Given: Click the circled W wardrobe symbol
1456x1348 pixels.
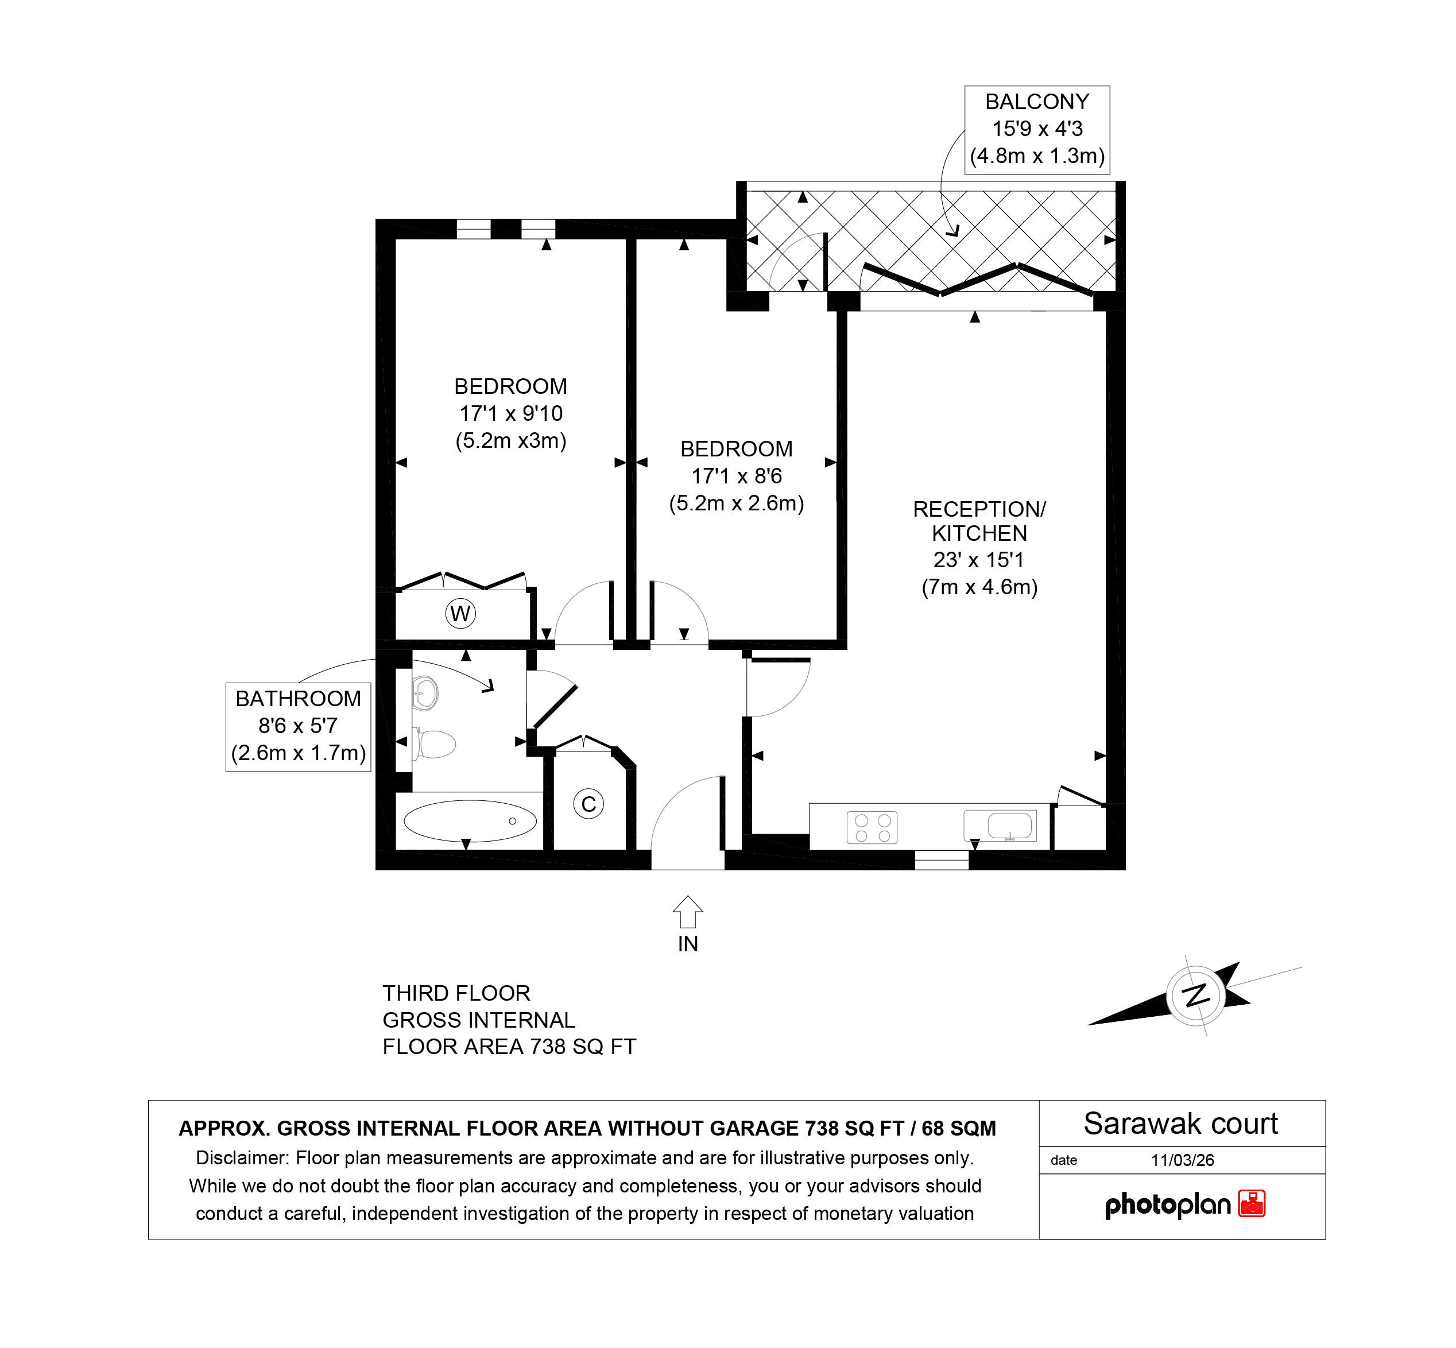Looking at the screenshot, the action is point(460,614).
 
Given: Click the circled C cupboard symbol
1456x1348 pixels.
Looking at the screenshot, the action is point(588,804).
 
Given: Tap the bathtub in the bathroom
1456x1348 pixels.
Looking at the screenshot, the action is point(470,820).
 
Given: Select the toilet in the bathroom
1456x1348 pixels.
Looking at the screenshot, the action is point(435,744).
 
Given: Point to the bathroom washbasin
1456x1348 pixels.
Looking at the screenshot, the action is point(424,693).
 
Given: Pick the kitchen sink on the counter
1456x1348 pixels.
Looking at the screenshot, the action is point(1000,826).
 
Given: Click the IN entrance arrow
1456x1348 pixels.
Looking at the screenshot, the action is point(688,912).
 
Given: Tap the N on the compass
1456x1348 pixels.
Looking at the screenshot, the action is point(1196,995).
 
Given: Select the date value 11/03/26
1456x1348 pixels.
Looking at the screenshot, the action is point(1183,1160).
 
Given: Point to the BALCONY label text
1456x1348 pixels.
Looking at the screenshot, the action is point(1036,102).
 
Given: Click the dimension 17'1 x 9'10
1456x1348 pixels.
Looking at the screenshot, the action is point(510,413).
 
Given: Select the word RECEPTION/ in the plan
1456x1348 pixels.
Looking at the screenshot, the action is point(979,509).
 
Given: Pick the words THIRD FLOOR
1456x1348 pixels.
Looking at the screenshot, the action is point(456,993).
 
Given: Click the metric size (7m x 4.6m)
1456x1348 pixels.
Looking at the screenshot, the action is point(979,587).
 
